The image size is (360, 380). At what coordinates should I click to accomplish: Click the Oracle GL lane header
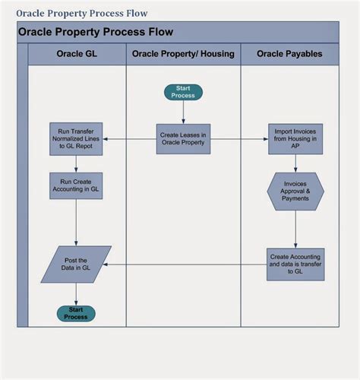coord(77,54)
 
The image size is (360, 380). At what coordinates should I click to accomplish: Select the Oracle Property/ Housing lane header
coord(183,54)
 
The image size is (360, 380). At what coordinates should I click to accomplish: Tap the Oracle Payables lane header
coord(289,54)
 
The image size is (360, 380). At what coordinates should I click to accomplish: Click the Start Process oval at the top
coord(183,92)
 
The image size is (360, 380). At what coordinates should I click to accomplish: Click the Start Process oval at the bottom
coord(76,313)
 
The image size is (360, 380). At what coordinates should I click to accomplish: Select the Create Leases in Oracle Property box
coord(183,139)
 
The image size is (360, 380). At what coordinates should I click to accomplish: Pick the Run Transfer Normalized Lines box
coord(76,139)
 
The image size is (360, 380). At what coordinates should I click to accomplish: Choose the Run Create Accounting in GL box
coord(76,186)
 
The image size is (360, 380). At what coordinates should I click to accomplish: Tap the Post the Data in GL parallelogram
coord(76,264)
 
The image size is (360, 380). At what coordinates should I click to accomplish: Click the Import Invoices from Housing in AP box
coord(295,139)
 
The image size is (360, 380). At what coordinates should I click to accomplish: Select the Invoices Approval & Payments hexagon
coord(295,191)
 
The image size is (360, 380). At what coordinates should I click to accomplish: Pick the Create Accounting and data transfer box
coord(295,264)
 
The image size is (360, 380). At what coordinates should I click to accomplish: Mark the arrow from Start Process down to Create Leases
coord(183,112)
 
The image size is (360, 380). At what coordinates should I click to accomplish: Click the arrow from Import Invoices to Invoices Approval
coord(295,163)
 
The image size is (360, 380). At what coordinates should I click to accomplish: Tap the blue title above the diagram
coord(82,13)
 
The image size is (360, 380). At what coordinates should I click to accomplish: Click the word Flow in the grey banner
coord(159,32)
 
